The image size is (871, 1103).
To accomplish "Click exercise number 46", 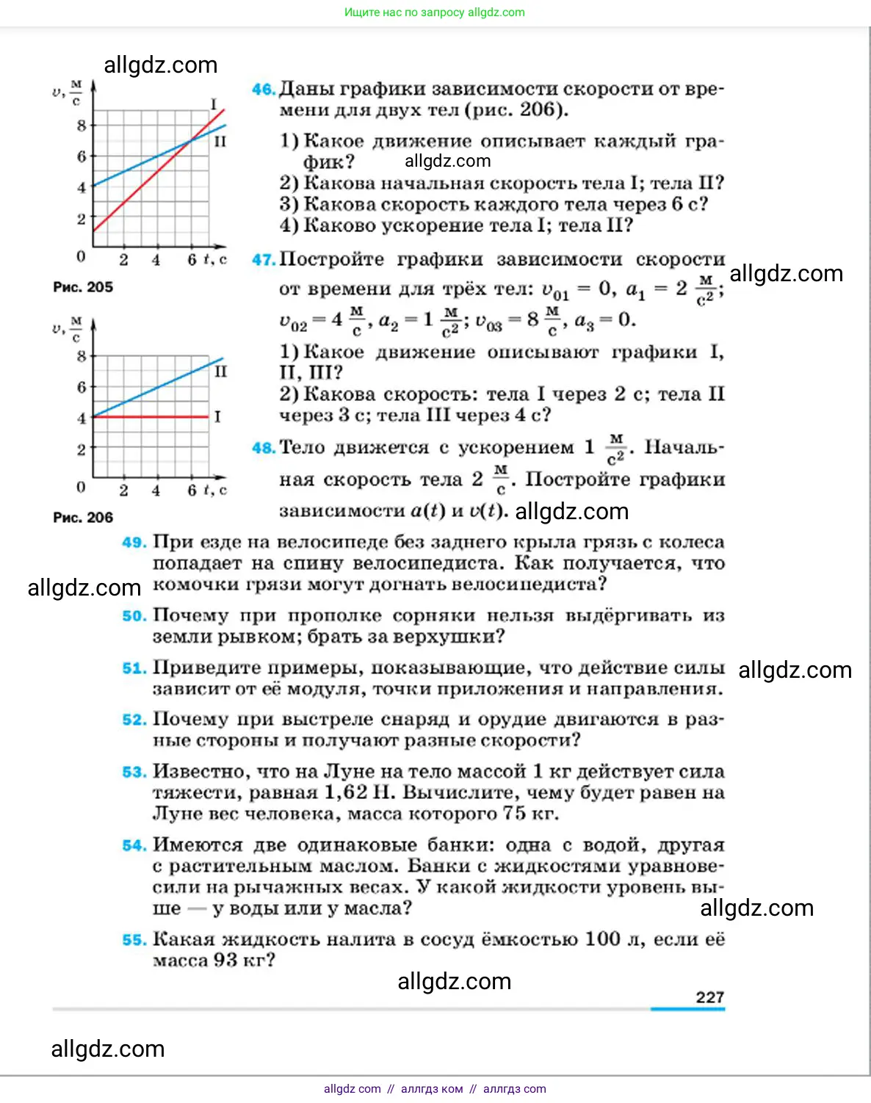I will pos(263,90).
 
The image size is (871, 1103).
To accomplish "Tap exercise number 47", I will pos(263,260).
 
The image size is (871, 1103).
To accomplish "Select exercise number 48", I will pos(263,448).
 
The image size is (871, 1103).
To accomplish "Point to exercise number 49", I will pos(134,543).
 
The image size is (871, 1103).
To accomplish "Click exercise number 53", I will pos(134,772).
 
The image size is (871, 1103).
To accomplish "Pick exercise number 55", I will pos(134,940).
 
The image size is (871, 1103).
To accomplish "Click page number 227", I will pos(709,997).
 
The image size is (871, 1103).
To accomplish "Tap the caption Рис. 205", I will pos(83,287).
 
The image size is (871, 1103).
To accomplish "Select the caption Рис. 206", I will pos(83,518).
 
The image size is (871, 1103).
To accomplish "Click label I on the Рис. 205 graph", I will pos(214,104).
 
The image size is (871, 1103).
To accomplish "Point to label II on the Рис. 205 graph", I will pos(220,141).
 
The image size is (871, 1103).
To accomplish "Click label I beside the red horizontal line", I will pos(217,417).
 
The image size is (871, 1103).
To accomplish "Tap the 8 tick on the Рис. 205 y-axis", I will pos(82,126).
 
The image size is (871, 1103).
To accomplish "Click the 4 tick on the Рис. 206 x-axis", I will pos(156,490).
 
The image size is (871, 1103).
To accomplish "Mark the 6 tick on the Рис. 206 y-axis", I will pos(82,387).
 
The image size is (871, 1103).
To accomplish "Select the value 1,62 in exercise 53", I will pos(345,793).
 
